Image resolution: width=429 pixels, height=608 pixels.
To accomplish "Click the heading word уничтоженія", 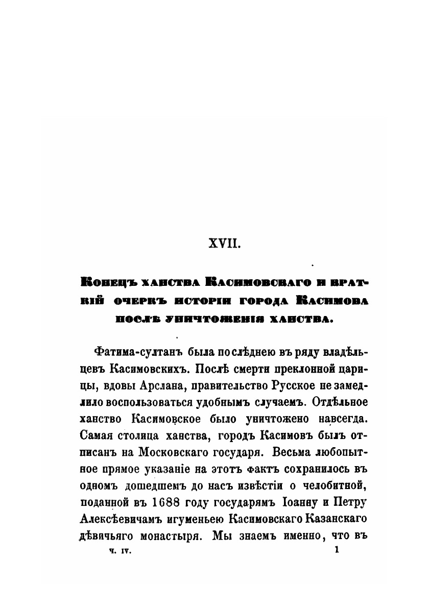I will click(x=218, y=320).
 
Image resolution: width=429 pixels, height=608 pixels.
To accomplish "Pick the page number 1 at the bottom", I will click(x=336, y=550).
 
